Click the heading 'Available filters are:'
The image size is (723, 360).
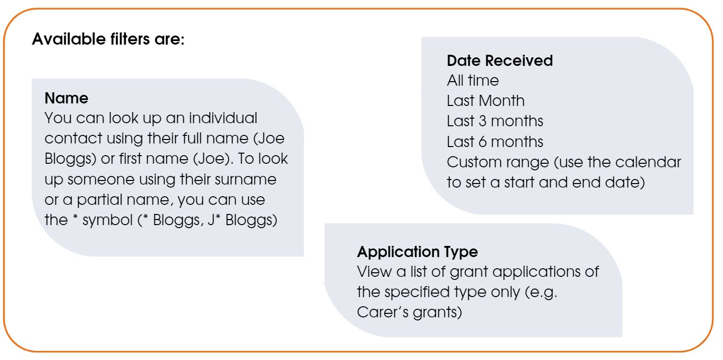click(108, 40)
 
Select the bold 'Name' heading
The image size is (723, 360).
click(66, 98)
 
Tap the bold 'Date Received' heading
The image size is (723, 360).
click(500, 61)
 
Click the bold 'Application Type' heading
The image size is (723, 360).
click(418, 251)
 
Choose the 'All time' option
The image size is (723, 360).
click(473, 80)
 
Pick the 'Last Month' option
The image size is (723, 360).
click(486, 100)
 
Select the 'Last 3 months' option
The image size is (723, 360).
click(495, 121)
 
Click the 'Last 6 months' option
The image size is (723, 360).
click(495, 141)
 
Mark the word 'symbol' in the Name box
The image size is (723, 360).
click(108, 221)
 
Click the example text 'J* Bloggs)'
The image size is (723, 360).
click(243, 221)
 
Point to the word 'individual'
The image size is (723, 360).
click(223, 118)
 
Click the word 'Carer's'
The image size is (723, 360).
click(382, 312)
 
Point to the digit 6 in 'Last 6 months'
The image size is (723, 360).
click(483, 141)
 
